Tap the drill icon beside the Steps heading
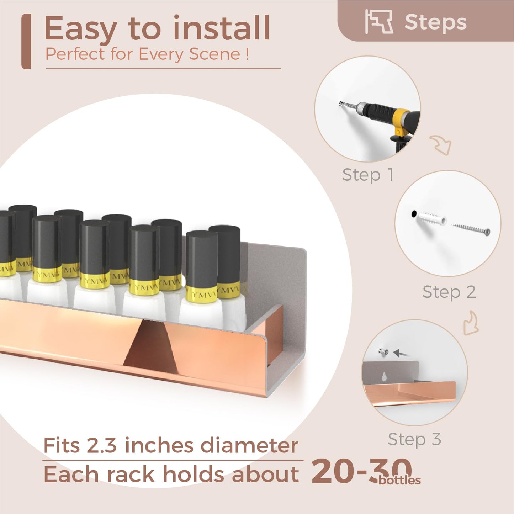[379, 22]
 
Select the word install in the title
[221, 27]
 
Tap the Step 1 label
[367, 175]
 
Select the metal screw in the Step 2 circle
[471, 229]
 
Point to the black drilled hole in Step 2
[414, 214]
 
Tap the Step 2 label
[449, 292]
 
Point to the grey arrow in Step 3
[401, 354]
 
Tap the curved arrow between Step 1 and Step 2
[441, 144]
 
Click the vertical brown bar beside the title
[26, 42]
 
